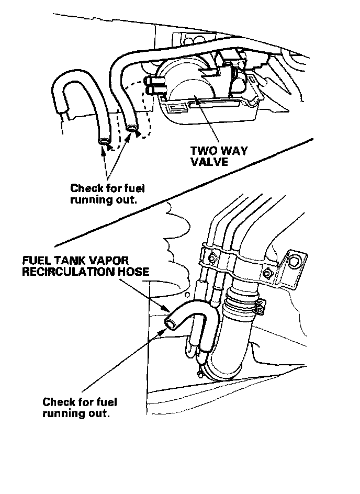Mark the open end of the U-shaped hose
click(104, 142)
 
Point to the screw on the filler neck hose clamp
click(260, 312)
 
